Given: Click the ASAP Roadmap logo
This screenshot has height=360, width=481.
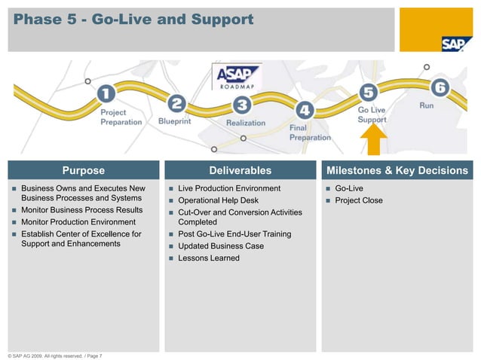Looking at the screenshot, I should [237, 78].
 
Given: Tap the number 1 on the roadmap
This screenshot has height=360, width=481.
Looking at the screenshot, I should [106, 94].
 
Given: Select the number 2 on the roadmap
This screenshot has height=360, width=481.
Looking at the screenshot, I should [176, 102].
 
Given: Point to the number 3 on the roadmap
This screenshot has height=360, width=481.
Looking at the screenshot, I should [242, 105].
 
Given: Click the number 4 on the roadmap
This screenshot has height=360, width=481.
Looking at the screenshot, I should [304, 111].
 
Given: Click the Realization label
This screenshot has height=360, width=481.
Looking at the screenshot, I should [246, 123].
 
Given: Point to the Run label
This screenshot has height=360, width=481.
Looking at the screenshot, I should [427, 106].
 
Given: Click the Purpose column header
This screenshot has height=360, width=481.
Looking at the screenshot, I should [83, 171].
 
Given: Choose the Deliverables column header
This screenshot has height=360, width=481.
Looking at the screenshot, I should [240, 171].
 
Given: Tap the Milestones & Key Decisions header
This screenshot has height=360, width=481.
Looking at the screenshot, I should [397, 171].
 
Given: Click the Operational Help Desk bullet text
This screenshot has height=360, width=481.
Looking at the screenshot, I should [218, 200].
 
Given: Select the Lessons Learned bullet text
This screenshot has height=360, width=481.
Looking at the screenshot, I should [209, 258].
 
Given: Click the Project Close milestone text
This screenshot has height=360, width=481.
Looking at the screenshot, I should [358, 200].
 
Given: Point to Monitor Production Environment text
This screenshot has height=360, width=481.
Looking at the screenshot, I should [78, 222].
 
